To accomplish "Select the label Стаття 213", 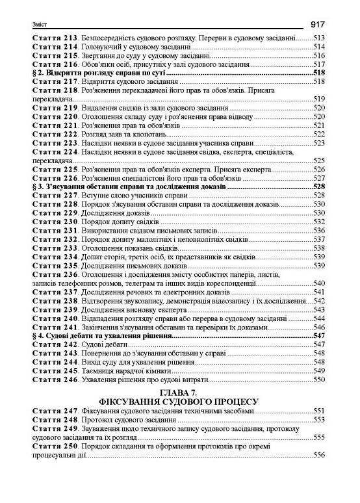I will (x=55, y=39).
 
